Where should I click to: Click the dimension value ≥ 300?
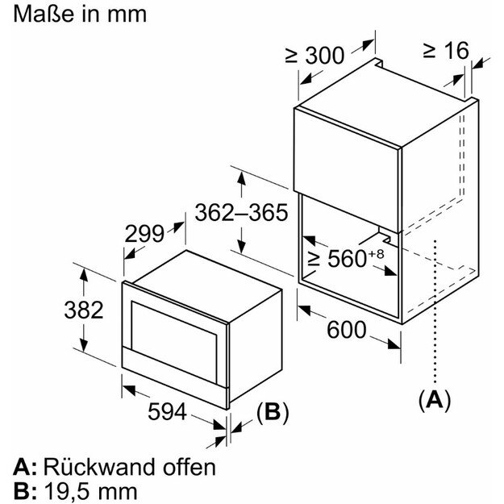(x=314, y=56)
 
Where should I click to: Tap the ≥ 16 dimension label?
(x=444, y=51)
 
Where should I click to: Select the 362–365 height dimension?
(x=241, y=213)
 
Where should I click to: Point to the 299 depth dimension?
(x=144, y=233)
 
